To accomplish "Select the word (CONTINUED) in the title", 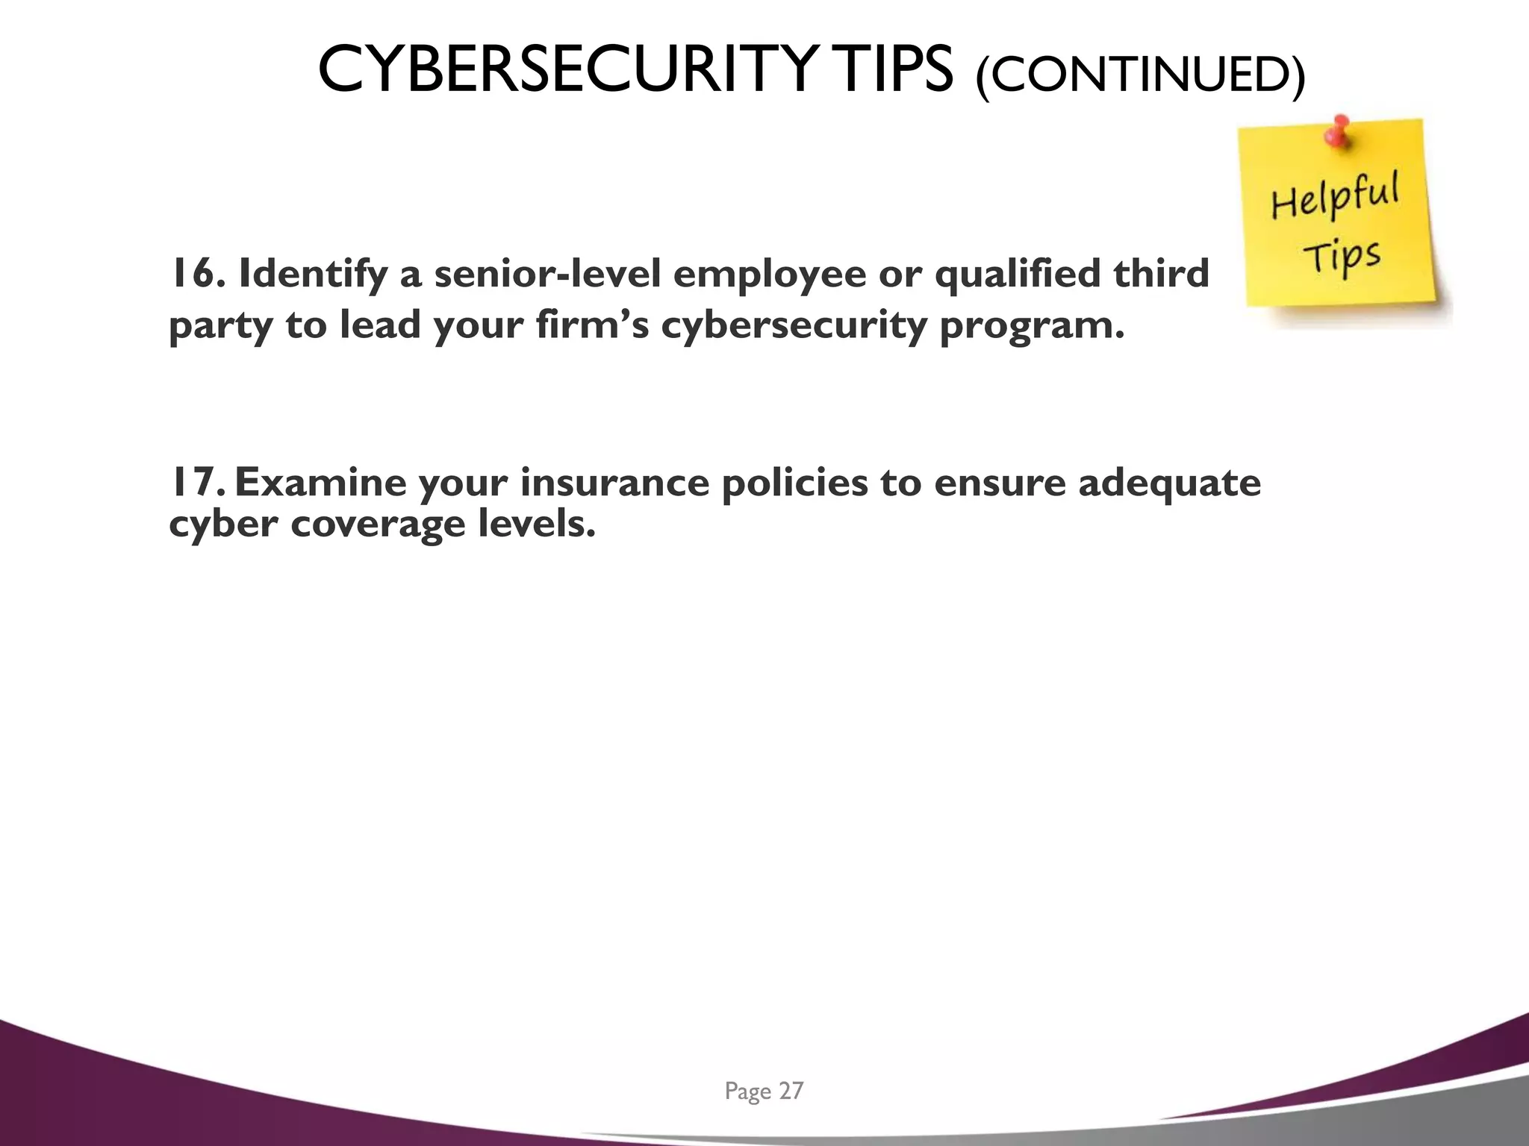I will pos(1140,75).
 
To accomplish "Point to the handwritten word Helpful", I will pos(1335,195).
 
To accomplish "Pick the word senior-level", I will pos(548,274).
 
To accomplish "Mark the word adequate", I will pos(1169,483).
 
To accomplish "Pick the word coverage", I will pos(378,524).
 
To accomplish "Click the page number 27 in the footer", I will pos(791,1092).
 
